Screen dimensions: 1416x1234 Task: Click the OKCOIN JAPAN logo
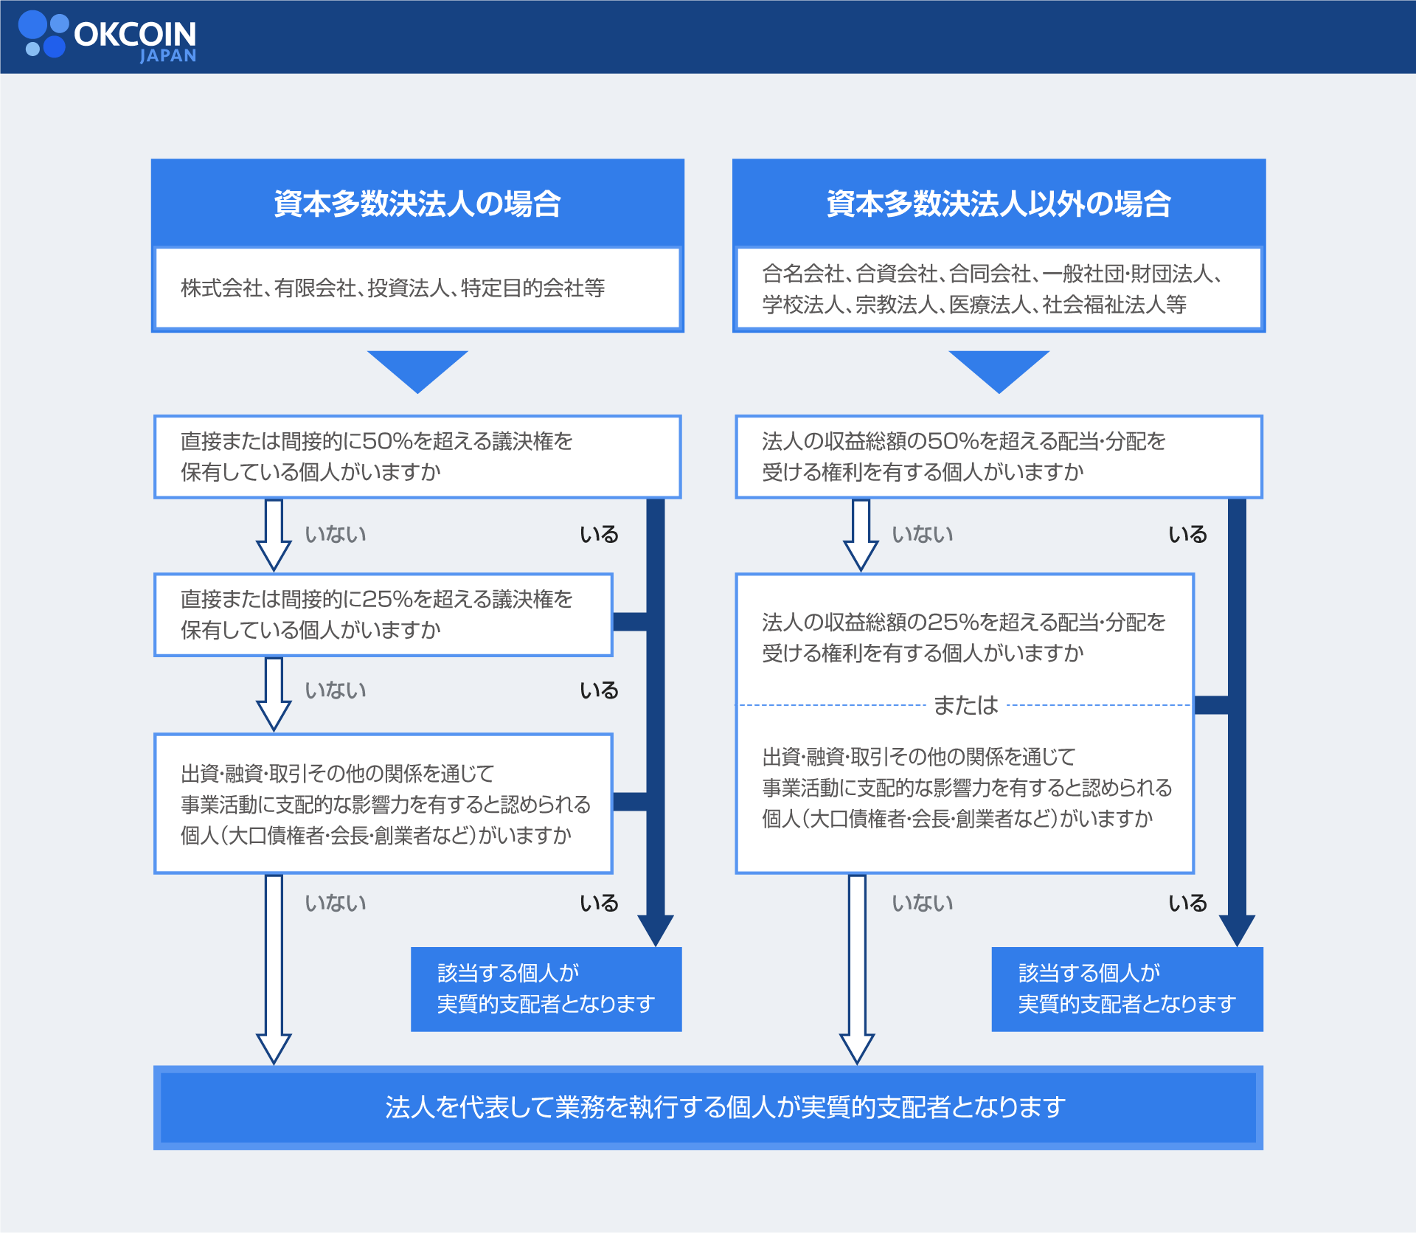click(108, 36)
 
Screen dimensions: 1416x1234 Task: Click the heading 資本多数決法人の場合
click(417, 204)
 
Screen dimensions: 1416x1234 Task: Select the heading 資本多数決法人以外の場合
click(999, 204)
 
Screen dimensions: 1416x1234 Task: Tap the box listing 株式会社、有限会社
click(417, 288)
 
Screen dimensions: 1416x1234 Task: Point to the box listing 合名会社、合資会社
click(999, 288)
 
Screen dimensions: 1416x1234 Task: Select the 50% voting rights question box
click(417, 457)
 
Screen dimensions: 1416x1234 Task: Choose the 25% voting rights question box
click(383, 614)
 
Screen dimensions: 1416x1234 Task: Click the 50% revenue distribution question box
click(999, 457)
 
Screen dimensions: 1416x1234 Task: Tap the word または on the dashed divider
click(965, 705)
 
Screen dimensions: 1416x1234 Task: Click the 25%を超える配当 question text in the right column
click(963, 637)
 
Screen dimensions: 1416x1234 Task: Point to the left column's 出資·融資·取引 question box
click(383, 804)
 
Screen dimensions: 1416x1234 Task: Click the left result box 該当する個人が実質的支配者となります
click(546, 989)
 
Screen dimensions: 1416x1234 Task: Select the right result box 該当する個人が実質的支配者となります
click(1128, 989)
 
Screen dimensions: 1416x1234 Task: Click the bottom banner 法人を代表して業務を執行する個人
click(708, 1107)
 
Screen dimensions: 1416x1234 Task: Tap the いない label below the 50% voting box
click(336, 534)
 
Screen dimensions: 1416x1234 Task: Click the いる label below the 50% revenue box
click(1187, 534)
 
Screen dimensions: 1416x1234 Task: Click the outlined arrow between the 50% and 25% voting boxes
click(274, 535)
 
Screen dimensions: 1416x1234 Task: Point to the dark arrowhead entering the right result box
click(1237, 930)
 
